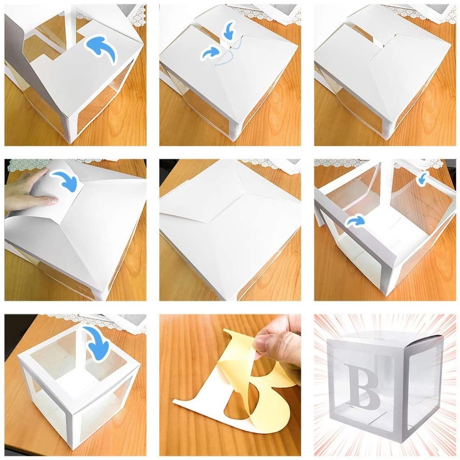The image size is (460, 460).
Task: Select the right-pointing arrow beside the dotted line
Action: [210, 53]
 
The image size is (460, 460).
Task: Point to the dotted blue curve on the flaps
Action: [229, 53]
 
